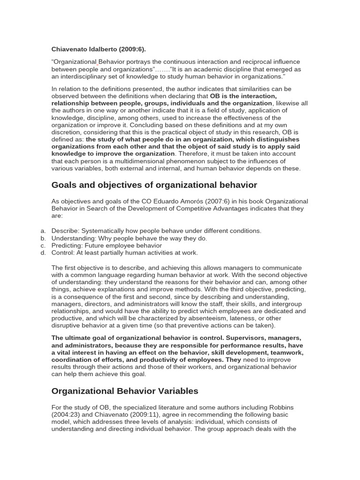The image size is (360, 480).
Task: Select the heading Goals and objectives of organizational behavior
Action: coord(154,185)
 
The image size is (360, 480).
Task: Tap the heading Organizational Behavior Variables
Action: coord(125,390)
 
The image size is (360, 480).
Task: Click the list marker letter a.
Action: coord(43,231)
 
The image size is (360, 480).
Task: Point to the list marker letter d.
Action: coord(43,253)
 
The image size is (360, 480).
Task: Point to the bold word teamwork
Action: coord(287,352)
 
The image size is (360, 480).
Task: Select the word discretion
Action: coord(67,132)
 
